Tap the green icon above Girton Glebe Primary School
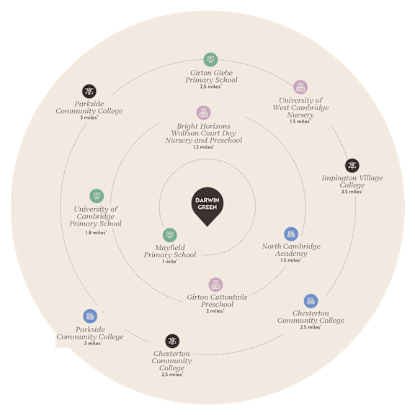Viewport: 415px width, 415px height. tap(210, 60)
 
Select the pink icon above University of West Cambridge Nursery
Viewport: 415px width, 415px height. tap(300, 86)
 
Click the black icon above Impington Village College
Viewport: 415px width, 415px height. tap(352, 166)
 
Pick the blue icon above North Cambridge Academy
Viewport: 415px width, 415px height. tap(291, 234)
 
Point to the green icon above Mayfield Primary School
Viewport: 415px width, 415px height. tap(169, 235)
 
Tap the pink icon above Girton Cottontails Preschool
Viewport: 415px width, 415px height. tap(215, 285)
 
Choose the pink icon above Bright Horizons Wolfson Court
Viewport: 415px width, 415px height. tap(203, 112)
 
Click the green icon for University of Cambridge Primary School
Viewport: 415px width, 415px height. tap(97, 196)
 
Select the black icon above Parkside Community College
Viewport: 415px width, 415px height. tap(89, 92)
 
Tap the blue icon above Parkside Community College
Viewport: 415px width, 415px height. tap(90, 316)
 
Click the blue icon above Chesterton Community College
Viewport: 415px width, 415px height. tap(311, 301)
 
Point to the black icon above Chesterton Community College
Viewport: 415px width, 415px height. tap(172, 341)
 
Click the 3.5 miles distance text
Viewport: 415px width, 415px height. tap(352, 192)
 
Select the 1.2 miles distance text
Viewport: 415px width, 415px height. tap(203, 147)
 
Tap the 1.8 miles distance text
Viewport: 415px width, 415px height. tap(96, 233)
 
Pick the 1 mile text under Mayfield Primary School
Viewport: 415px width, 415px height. tap(169, 262)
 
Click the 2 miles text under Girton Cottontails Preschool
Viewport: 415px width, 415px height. tap(215, 311)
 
